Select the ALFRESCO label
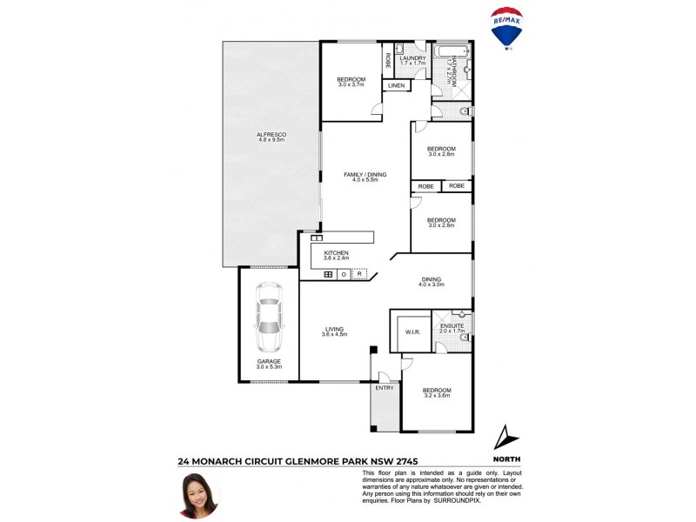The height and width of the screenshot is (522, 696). [271, 136]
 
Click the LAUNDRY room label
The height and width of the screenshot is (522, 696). [412, 59]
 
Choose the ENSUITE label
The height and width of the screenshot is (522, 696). [452, 327]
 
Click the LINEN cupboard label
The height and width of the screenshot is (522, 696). [396, 86]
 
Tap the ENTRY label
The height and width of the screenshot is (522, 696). [384, 387]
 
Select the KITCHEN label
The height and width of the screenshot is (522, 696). [336, 254]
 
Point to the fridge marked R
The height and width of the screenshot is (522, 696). [359, 274]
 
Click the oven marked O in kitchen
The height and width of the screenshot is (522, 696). [344, 274]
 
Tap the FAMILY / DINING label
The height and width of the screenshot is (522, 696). [365, 175]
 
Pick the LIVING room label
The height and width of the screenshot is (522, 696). [334, 331]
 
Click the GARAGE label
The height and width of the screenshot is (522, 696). [268, 362]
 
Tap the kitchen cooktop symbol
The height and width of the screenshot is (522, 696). [328, 274]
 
